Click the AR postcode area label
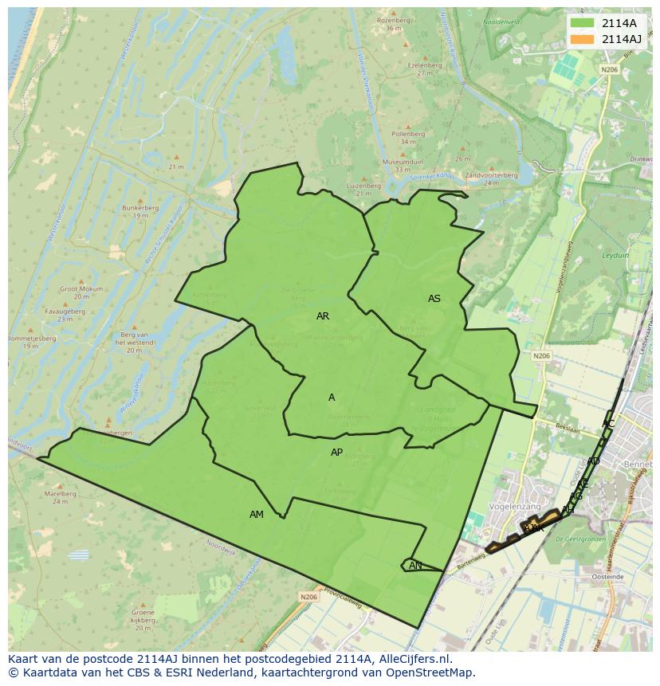(323, 316)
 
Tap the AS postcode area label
(434, 299)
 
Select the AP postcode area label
(336, 453)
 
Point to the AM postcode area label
(257, 515)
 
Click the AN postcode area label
(415, 566)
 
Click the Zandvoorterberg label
(491, 175)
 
